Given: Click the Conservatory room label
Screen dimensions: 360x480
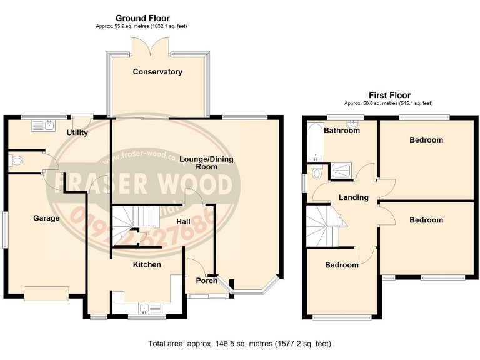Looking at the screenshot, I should [157, 72].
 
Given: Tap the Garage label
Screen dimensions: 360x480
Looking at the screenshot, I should [46, 219].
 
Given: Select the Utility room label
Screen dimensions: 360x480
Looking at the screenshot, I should [77, 132].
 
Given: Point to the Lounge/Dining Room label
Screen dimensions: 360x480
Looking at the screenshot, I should [206, 163].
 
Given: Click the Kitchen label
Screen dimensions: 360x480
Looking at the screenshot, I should [147, 265].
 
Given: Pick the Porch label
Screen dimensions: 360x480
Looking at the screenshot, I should [207, 281].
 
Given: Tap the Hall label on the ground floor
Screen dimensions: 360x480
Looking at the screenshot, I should [183, 221].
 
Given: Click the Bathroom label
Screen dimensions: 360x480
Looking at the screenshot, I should [342, 131].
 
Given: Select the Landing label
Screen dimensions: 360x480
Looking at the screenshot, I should [353, 197].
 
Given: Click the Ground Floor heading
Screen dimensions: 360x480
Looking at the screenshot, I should [142, 19].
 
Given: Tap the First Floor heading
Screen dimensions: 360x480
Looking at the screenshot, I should [389, 95].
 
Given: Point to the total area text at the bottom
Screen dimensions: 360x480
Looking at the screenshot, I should [239, 344].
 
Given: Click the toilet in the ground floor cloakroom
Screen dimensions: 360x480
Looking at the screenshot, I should [17, 161].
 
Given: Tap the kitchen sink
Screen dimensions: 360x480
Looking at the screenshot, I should [146, 307].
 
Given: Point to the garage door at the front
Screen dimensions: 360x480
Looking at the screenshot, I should [46, 292].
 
